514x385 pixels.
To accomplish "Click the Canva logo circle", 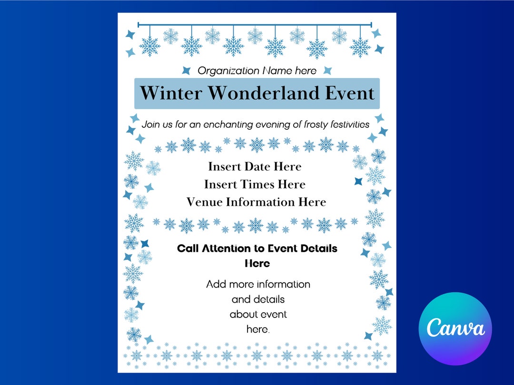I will coord(455,328).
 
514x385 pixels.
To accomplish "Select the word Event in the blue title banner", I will coord(350,93).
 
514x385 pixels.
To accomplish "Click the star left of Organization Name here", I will coord(186,70).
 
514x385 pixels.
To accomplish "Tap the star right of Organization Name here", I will coord(327,70).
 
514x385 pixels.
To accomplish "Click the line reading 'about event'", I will coord(258,315).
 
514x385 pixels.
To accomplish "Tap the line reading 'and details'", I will coord(258,300).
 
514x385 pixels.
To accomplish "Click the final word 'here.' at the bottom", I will coord(257,329).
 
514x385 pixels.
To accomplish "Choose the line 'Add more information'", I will coord(258,285).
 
